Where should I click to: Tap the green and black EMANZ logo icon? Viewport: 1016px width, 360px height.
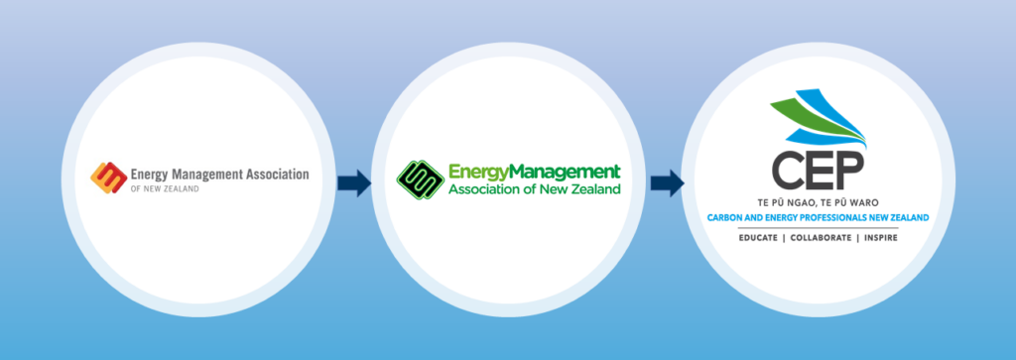click(x=420, y=179)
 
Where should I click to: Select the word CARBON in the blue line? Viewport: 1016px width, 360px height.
click(x=724, y=217)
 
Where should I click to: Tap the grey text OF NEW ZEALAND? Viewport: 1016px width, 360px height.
click(x=164, y=187)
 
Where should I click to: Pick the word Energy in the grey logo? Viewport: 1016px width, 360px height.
click(x=152, y=174)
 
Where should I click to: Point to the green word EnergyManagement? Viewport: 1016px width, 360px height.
click(x=534, y=171)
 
